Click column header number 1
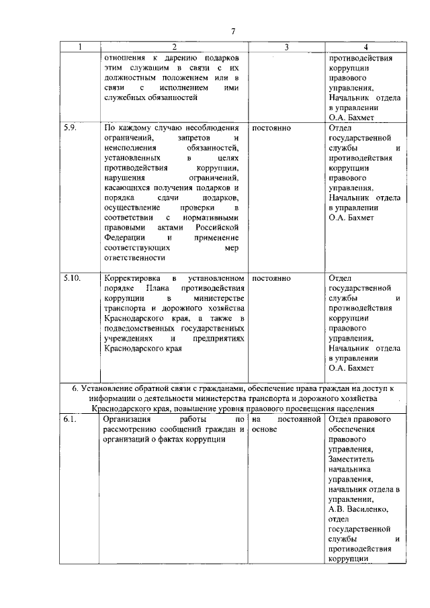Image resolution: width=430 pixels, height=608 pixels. pos(79,47)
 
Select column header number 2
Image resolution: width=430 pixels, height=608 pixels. pos(173,47)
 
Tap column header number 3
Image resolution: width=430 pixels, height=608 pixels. pos(286,47)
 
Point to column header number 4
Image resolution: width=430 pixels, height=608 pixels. pos(365,47)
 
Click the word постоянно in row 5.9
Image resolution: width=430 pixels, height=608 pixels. pos(271,127)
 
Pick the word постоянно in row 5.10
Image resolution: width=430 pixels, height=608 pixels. pos(271,277)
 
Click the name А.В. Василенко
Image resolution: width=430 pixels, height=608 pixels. pos(359,509)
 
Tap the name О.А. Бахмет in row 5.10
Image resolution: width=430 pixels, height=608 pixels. pos(352,369)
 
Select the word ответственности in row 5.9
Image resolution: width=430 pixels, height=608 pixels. pos(134,257)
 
